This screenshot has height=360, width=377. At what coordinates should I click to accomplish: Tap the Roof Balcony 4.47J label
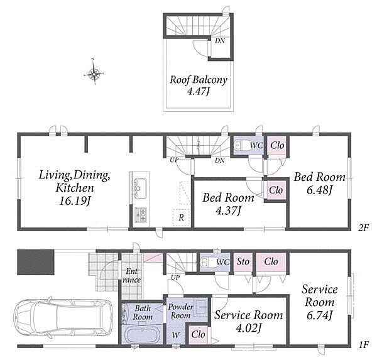pyautogui.click(x=199, y=85)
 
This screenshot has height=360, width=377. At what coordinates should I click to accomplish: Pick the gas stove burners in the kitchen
pyautogui.click(x=141, y=214)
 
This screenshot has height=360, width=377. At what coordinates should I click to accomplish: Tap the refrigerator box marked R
pyautogui.click(x=182, y=218)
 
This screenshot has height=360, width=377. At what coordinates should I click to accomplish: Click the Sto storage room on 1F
pyautogui.click(x=243, y=263)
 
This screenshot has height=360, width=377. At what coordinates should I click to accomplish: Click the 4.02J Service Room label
pyautogui.click(x=249, y=321)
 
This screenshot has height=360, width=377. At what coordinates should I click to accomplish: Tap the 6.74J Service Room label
pyautogui.click(x=320, y=302)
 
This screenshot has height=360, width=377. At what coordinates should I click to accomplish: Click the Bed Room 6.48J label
pyautogui.click(x=320, y=183)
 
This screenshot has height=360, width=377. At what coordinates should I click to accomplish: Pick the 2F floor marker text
pyautogui.click(x=363, y=227)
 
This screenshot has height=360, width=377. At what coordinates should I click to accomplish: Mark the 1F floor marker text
pyautogui.click(x=364, y=346)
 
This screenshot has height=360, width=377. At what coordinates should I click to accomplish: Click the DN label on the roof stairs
pyautogui.click(x=220, y=40)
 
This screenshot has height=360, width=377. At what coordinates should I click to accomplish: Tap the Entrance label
pyautogui.click(x=131, y=276)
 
